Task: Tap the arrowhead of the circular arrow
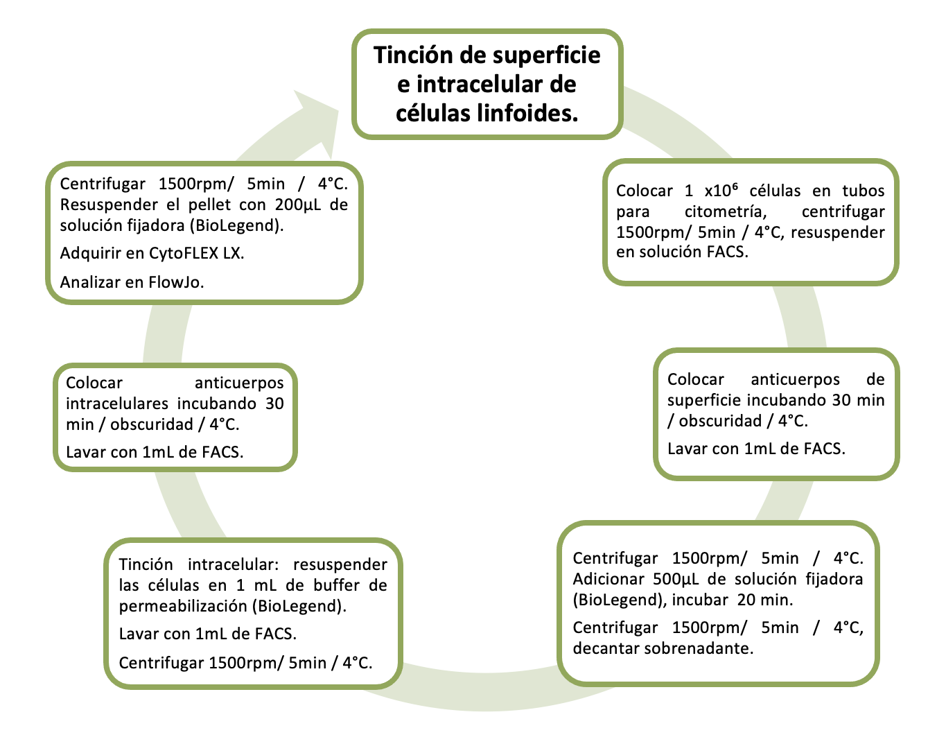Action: coord(316,118)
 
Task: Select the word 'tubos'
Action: coord(863,191)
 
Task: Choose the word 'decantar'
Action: coord(606,648)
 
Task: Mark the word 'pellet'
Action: coord(207,205)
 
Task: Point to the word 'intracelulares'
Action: coord(117,404)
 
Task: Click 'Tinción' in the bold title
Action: coord(413,55)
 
